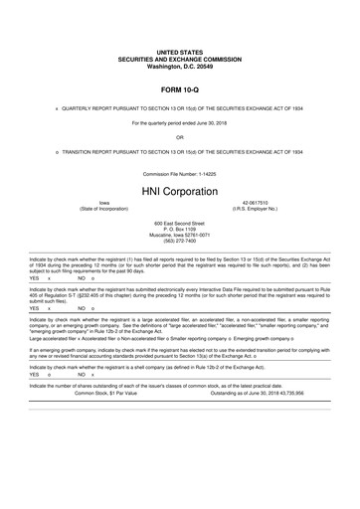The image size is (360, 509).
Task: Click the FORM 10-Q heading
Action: [179, 87]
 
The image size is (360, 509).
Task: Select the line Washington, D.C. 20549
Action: [179, 64]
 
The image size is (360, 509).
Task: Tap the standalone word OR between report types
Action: [179, 136]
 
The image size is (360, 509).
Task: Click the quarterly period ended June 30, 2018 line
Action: [179, 121]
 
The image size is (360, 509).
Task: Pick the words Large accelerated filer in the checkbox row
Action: [55, 337]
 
